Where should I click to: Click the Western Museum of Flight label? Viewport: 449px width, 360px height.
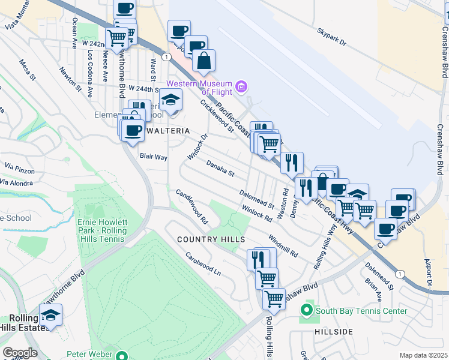(199, 88)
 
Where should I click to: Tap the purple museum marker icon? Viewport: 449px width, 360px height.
(241, 87)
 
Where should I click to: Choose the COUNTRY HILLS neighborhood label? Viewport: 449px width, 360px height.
(211, 239)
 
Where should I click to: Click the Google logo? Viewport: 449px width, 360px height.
(20, 352)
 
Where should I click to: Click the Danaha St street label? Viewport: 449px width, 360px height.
(220, 168)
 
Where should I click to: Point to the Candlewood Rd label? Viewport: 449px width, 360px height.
(191, 207)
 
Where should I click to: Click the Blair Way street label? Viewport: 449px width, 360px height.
(153, 156)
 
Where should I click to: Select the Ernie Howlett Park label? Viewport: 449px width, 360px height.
(103, 226)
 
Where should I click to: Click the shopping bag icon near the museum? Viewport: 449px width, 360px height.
(204, 61)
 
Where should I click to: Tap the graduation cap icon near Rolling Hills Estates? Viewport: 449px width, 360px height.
(51, 314)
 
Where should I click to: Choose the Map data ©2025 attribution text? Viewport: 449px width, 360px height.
(423, 355)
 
